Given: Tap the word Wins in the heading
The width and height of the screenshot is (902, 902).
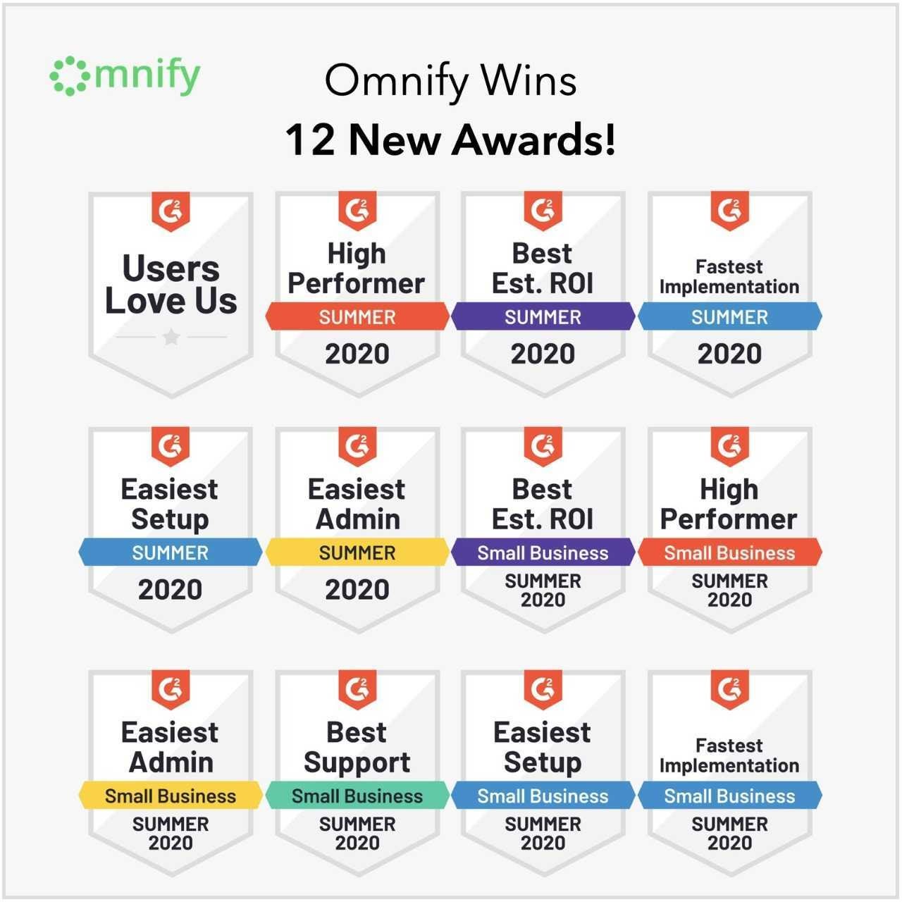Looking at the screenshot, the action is (529, 81).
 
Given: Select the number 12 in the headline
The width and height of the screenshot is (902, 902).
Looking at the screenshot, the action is (310, 140).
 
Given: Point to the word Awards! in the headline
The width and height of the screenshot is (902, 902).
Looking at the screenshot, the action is (533, 140).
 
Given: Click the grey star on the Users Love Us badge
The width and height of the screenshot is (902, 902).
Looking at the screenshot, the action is (171, 336).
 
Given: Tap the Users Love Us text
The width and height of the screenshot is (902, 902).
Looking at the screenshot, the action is (171, 284).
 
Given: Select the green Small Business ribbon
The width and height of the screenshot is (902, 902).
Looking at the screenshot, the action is (357, 796).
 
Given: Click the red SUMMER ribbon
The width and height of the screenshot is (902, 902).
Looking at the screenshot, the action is (357, 317).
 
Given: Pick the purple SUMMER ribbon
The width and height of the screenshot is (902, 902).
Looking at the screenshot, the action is (543, 317).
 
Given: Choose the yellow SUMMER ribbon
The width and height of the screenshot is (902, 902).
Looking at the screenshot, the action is (357, 552).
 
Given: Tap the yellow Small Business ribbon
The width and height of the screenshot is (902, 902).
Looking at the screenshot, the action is (171, 796).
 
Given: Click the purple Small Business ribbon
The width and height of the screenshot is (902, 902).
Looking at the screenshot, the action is (543, 552).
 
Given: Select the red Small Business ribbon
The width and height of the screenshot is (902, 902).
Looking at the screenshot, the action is (730, 552).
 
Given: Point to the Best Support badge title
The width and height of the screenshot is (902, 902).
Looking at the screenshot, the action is (357, 748).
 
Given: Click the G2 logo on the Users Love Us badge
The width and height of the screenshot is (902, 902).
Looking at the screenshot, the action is (171, 211).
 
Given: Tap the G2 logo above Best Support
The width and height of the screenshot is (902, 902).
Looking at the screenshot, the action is (357, 689).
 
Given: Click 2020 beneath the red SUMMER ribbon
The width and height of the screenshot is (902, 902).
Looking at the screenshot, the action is (357, 354).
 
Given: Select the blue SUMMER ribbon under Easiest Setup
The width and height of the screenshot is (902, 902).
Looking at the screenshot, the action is (171, 552).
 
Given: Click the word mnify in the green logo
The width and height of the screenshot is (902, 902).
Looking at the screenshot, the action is (147, 76).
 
